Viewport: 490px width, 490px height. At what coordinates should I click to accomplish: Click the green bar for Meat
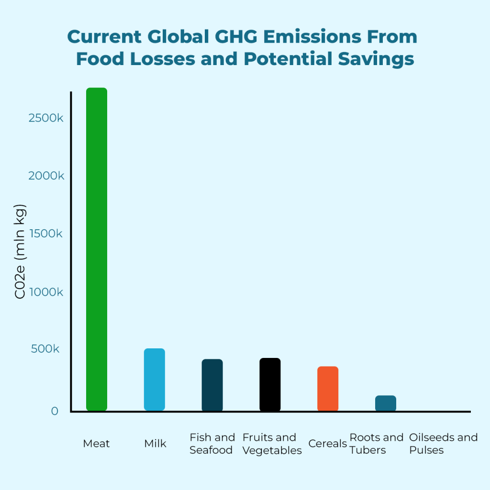96,249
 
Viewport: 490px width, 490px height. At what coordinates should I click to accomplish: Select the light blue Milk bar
154,379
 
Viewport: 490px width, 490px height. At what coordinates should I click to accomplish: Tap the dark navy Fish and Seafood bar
212,385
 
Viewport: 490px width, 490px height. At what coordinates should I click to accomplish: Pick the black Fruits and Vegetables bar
270,384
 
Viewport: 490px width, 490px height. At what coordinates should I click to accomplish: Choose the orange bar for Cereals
328,389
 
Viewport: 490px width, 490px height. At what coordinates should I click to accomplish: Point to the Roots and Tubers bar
386,403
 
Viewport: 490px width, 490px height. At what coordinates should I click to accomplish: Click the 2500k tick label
46,118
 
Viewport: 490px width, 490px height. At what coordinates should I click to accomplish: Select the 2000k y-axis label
46,176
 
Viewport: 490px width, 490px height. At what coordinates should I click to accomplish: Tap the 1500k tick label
46,234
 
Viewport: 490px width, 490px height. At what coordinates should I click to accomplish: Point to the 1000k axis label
46,292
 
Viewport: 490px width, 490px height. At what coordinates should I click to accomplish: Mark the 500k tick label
45,349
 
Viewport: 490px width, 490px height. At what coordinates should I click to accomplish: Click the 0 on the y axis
54,411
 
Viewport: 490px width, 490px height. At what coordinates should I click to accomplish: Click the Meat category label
96,444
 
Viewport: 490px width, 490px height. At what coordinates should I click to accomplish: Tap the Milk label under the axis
155,444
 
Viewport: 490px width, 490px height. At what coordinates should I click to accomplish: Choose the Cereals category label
327,444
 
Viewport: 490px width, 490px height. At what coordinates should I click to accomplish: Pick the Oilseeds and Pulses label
443,444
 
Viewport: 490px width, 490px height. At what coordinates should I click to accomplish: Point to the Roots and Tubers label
377,444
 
